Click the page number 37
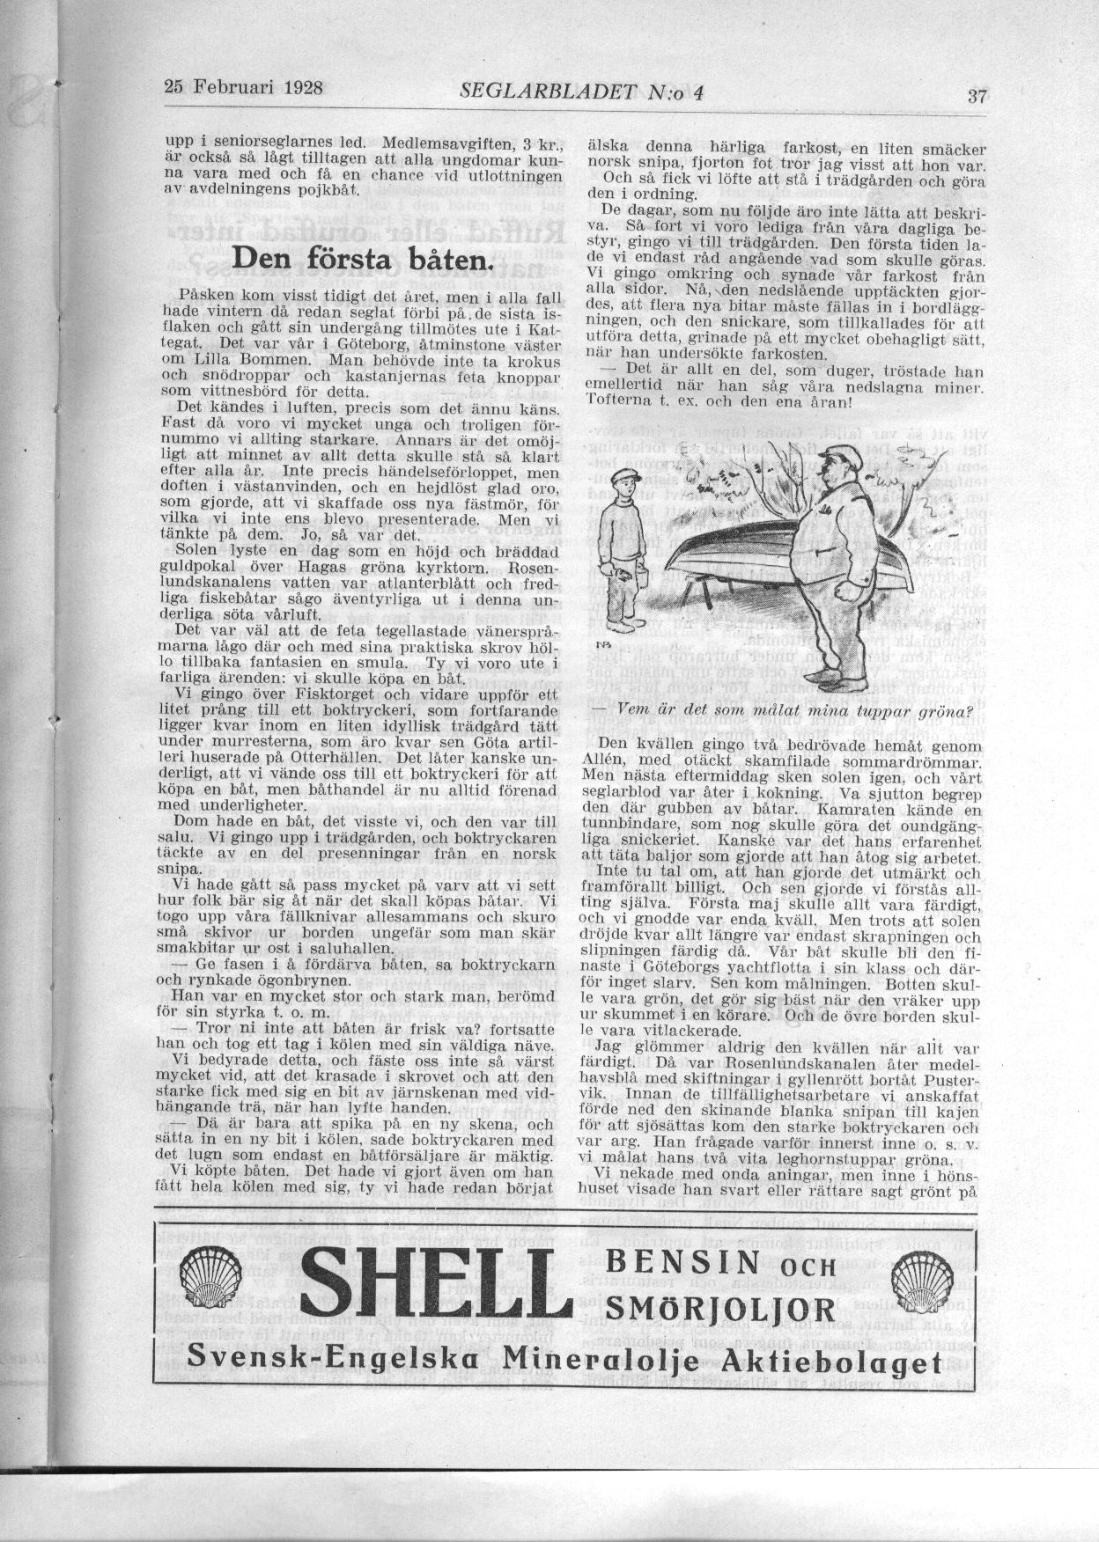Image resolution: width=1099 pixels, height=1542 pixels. (975, 96)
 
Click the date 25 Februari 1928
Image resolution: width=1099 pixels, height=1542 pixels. (244, 88)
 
